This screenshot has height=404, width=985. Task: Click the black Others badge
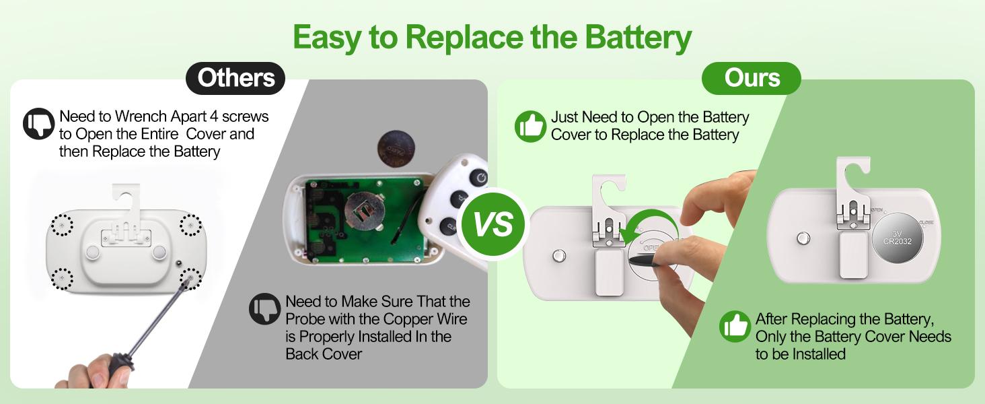click(x=235, y=78)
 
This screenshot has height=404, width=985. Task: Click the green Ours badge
click(x=752, y=78)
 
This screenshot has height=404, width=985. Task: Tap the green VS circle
click(x=493, y=224)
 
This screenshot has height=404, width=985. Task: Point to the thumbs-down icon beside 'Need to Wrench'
click(x=39, y=124)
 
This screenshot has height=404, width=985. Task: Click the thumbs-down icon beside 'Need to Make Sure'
click(x=264, y=309)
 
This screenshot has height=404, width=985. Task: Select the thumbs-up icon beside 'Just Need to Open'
click(x=530, y=127)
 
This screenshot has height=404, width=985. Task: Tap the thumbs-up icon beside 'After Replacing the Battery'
click(x=735, y=327)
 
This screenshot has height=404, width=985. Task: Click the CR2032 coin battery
click(x=898, y=238)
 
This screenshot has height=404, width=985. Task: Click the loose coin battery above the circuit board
click(x=396, y=149)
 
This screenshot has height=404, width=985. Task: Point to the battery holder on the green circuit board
click(x=365, y=212)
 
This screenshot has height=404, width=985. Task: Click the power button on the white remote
click(x=479, y=178)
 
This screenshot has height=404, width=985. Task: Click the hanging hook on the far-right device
click(x=853, y=176)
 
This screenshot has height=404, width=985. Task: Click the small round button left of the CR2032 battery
click(x=803, y=238)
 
